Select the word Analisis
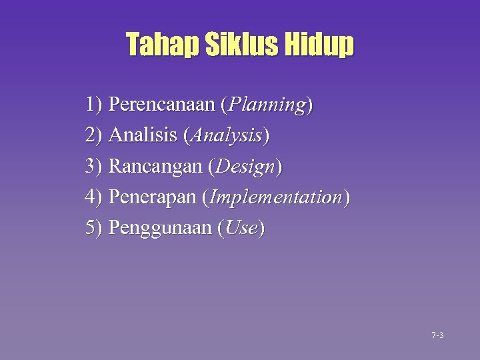142,135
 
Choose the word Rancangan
155,167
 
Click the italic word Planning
267,105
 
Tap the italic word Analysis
225,136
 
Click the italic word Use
241,229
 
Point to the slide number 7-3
437,335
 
